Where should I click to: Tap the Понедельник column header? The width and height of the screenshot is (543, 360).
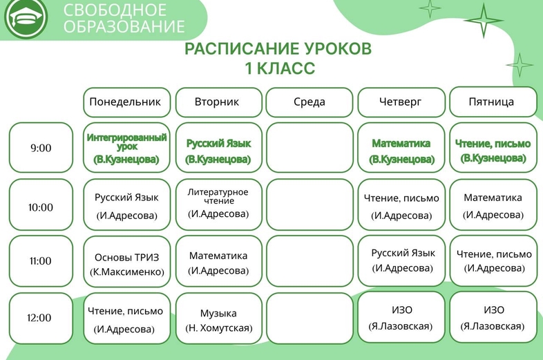[x=126, y=102]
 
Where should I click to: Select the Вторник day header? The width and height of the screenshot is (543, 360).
[x=219, y=102]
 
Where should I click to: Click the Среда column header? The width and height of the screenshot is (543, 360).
[x=309, y=102]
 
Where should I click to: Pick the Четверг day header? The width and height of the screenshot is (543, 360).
[x=401, y=102]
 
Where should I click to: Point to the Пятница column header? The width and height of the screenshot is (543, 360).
[x=493, y=102]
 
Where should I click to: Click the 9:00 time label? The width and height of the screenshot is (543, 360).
[x=41, y=148]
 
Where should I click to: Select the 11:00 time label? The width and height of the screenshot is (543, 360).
[x=41, y=261]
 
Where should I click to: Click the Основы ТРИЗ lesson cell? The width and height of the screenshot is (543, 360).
[x=126, y=261]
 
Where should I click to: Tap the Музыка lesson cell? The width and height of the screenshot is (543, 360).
[x=219, y=318]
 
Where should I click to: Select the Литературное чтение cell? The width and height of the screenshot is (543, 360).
[x=219, y=205]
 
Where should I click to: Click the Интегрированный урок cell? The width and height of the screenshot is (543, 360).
[x=126, y=148]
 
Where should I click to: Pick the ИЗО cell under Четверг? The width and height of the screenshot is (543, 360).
[x=401, y=317]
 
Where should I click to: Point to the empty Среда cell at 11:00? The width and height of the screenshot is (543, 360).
[x=309, y=261]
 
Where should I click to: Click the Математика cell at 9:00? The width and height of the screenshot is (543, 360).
[x=401, y=148]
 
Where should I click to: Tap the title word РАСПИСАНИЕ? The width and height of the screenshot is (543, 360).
[x=239, y=48]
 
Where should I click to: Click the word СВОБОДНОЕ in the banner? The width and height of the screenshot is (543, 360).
[x=115, y=10]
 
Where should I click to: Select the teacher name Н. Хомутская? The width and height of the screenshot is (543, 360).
[x=219, y=328]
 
